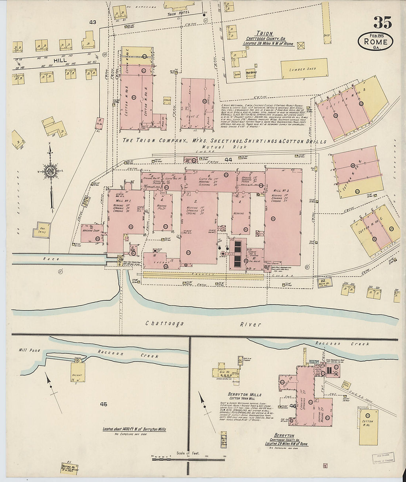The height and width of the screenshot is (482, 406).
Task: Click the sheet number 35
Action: [382, 23]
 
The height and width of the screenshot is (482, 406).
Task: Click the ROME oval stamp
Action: [375, 42]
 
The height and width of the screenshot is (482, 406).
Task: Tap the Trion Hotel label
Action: [178, 14]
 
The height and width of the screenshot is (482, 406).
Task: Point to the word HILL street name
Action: [60, 60]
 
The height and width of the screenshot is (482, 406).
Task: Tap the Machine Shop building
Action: [92, 233]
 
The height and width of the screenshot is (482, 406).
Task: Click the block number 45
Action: [103, 404]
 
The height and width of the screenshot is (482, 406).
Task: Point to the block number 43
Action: [92, 22]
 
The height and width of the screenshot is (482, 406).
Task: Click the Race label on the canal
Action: [51, 259]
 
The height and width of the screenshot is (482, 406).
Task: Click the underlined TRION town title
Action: [264, 33]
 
